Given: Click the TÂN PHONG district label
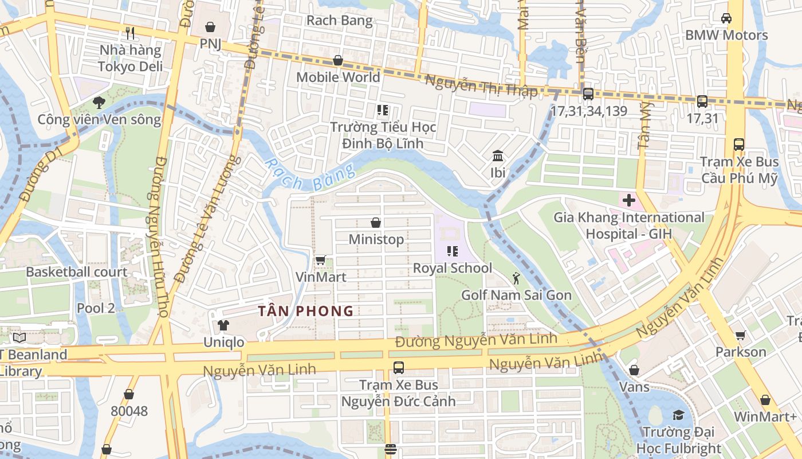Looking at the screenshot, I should (x=305, y=311).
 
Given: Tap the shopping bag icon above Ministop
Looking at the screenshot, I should (x=376, y=223).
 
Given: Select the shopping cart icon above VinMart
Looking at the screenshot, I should (x=321, y=260).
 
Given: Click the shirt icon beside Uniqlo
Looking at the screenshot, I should (x=223, y=325).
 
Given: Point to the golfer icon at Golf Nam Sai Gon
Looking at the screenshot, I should (x=516, y=278).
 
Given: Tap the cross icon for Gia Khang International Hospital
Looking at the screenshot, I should (x=628, y=201).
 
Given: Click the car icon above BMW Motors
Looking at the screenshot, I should (x=726, y=18).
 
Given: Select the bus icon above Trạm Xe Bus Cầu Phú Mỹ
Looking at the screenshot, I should (x=739, y=145).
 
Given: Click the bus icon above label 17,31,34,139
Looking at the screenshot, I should (x=588, y=94).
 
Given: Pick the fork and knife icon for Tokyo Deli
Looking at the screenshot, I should (x=130, y=33).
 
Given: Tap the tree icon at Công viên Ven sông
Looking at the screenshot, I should (x=99, y=103).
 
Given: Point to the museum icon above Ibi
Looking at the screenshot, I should (x=497, y=156).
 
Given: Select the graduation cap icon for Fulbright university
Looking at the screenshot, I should (x=678, y=415).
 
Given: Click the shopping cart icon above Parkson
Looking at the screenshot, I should (x=740, y=335).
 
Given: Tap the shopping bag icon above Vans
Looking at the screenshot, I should (x=634, y=370).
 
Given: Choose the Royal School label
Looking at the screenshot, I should (x=452, y=268).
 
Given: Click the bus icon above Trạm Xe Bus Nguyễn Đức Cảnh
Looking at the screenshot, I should (x=398, y=368).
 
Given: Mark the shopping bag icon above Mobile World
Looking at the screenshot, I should (x=338, y=60).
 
